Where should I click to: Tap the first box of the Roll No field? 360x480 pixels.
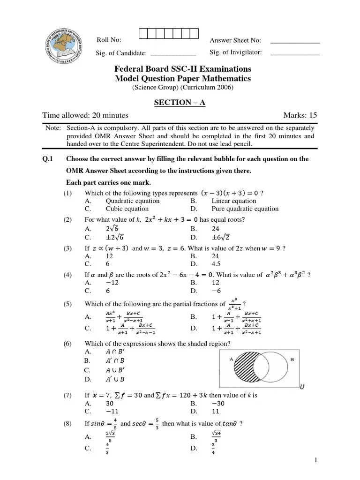pyautogui.click(x=143, y=33)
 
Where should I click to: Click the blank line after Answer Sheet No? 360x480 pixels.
pyautogui.click(x=295, y=42)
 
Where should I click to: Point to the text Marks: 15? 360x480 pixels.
pyautogui.click(x=300, y=115)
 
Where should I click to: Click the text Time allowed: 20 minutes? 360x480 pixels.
pyautogui.click(x=85, y=115)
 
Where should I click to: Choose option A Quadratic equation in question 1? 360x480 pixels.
pyautogui.click(x=133, y=201)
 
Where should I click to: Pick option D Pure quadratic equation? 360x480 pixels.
pyautogui.click(x=245, y=209)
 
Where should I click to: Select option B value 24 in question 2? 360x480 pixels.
pyautogui.click(x=216, y=229)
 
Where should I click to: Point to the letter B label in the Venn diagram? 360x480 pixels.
pyautogui.click(x=292, y=360)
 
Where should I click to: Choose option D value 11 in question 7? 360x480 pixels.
pyautogui.click(x=215, y=411)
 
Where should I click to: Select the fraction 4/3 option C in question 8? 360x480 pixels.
pyautogui.click(x=107, y=449)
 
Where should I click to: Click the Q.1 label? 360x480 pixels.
pyautogui.click(x=47, y=159)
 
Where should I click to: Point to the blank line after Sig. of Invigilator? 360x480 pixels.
pyautogui.click(x=295, y=54)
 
